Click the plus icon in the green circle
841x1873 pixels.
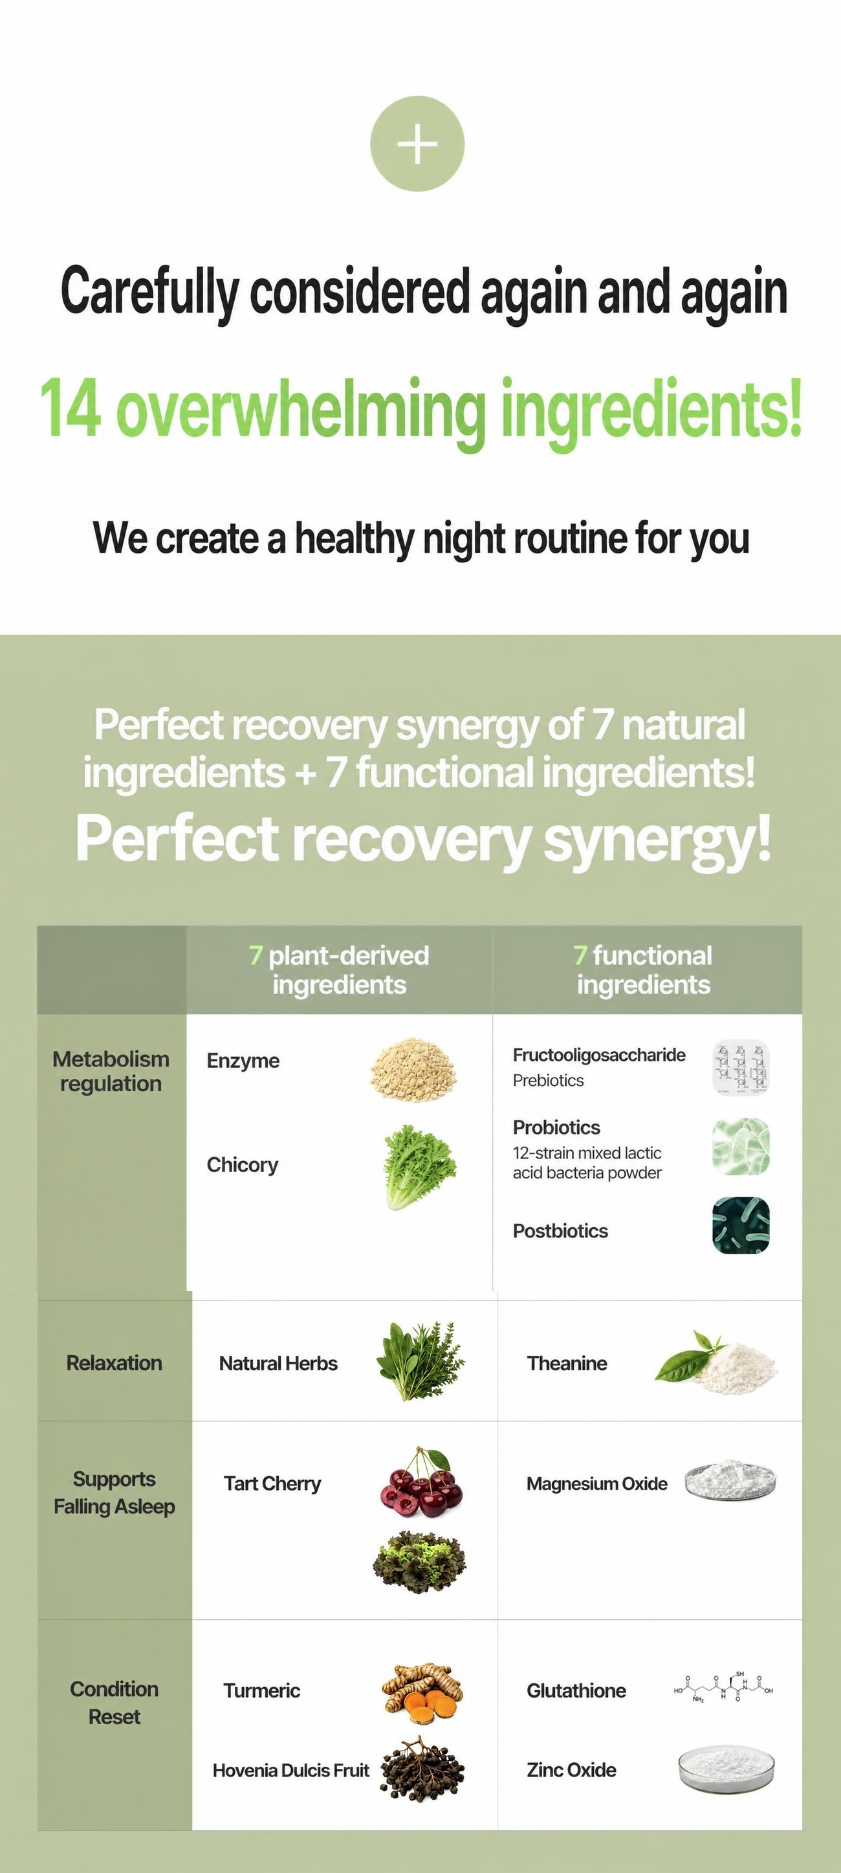(417, 143)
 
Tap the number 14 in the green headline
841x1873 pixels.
(70, 408)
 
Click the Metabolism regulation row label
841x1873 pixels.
(111, 1071)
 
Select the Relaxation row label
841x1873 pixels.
(114, 1362)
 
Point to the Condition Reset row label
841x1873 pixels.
(114, 1702)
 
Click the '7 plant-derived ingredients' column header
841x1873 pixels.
(339, 970)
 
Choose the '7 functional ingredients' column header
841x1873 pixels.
(643, 970)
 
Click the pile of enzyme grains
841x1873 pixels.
(413, 1069)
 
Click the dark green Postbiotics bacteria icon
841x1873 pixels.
(741, 1225)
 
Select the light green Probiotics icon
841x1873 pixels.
(741, 1147)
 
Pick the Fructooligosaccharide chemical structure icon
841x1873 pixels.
(741, 1067)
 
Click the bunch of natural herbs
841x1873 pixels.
(420, 1360)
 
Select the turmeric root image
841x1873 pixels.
(422, 1692)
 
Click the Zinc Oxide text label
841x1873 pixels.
(571, 1769)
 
